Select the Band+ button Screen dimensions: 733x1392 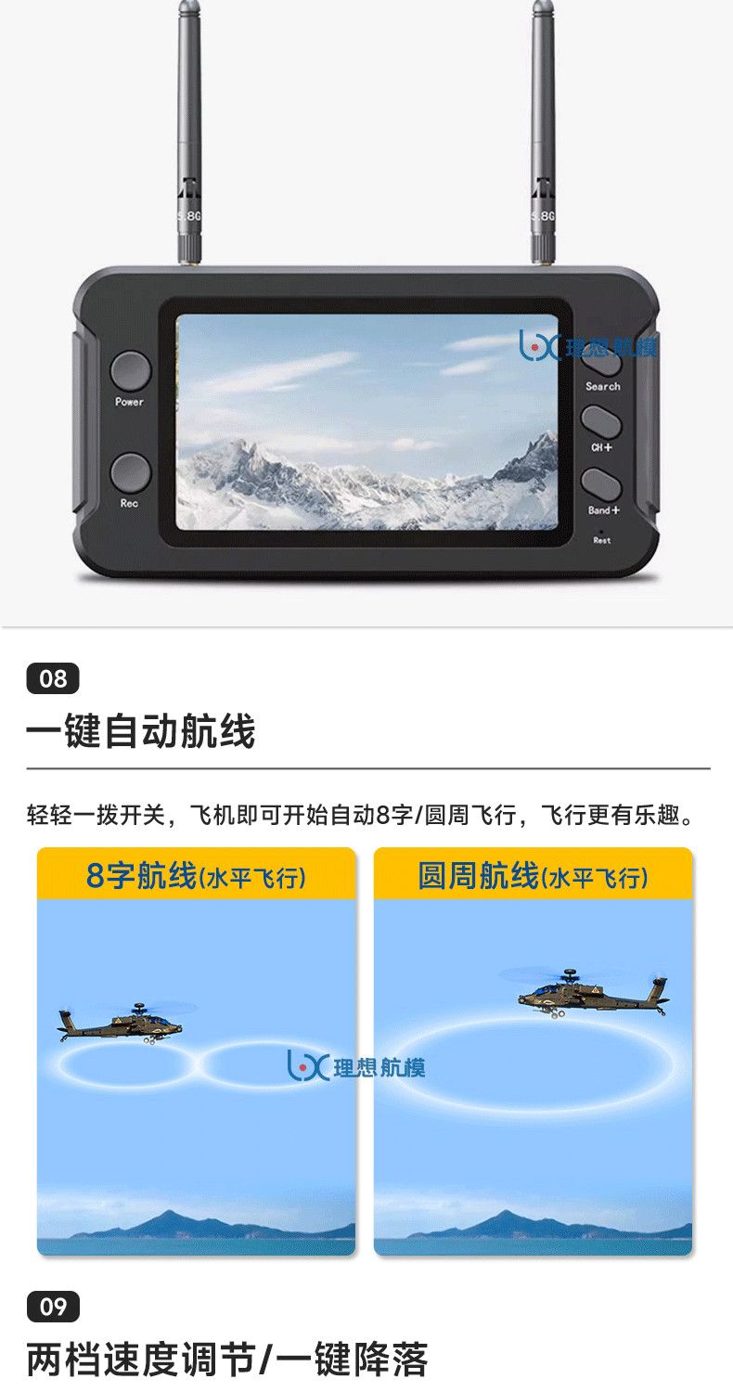601,485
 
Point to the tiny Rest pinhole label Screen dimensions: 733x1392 601,540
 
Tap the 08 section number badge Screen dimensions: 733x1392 53,678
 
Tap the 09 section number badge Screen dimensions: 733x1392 53,1307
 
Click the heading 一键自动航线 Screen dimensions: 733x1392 140,731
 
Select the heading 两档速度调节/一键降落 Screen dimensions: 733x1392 227,1360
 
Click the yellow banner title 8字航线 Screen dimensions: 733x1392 141,875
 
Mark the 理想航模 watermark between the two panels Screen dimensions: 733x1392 356,1065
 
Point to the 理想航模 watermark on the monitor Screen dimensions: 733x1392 588,345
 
